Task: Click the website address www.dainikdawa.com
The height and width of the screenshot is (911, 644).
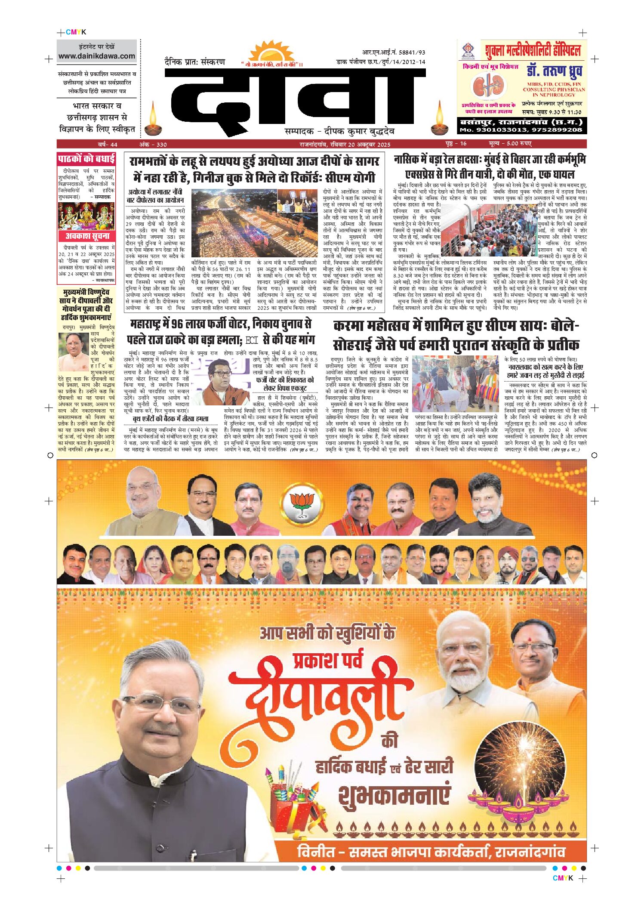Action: (97, 56)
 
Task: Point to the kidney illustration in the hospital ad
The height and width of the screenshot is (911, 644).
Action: (488, 86)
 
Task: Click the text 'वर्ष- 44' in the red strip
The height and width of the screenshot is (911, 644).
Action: (108, 144)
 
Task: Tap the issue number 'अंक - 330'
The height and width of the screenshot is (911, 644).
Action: (153, 144)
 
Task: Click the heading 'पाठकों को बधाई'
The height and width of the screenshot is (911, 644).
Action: (86, 159)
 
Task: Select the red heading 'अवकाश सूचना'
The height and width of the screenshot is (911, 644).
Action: (87, 236)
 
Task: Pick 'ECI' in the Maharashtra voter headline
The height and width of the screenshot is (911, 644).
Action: (252, 340)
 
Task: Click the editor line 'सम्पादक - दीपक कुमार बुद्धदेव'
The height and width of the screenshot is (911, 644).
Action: (339, 131)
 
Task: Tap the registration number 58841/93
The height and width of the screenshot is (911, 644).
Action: (412, 52)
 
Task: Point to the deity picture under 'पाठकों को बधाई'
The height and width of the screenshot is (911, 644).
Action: (86, 216)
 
